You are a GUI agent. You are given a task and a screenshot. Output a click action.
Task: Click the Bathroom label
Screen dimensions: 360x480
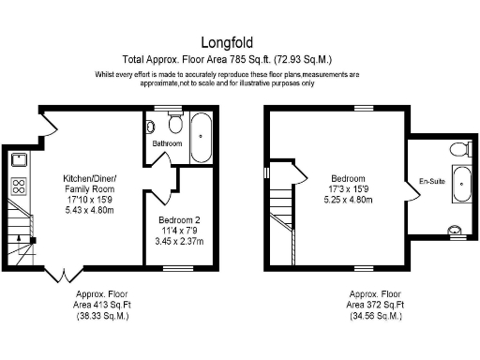coord(166,144)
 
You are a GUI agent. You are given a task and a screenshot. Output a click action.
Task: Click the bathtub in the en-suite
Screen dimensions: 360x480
coord(459,185)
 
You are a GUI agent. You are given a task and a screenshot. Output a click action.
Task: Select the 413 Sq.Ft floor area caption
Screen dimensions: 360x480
coord(101,305)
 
